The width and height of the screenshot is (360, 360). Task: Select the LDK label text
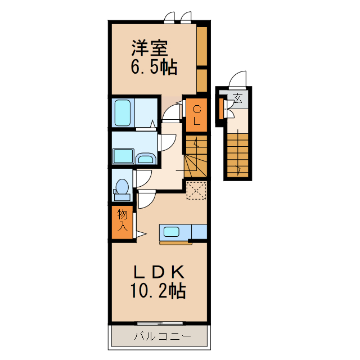159,271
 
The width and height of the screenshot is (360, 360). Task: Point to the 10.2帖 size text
159,291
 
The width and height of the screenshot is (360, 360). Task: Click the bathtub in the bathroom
123,112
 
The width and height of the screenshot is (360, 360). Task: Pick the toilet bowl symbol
121,189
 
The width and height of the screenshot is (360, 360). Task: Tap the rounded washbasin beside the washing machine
146,158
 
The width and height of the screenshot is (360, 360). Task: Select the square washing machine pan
123,156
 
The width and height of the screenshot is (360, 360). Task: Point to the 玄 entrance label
238,100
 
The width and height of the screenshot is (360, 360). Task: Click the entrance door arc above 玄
239,80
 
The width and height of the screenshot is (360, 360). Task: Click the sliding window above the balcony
160,323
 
